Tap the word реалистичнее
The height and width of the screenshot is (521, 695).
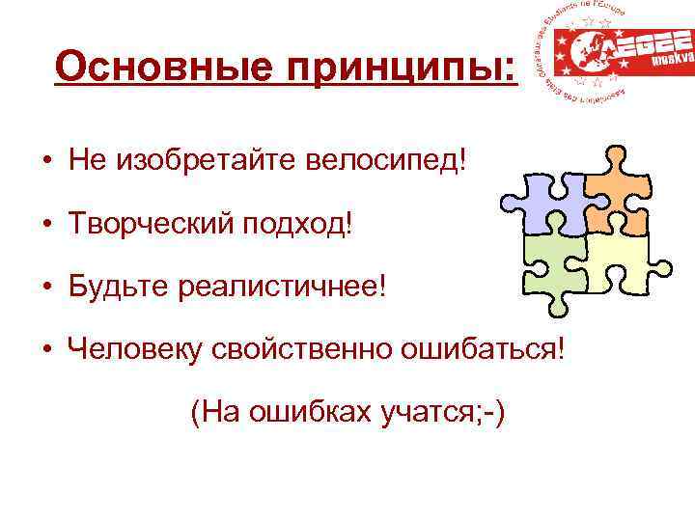(x=280, y=288)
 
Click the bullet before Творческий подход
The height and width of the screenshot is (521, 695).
(x=46, y=225)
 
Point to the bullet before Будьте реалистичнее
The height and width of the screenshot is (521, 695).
(x=46, y=288)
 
